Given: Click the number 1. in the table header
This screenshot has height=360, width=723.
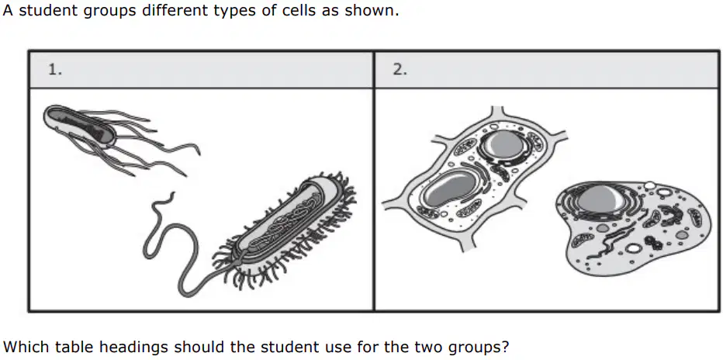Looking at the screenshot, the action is point(54,70).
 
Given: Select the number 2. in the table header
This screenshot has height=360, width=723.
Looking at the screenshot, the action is point(400,70).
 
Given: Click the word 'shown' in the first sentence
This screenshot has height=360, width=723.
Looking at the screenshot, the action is point(370,10).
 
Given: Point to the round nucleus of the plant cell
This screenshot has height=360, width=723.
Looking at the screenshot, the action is point(505,144).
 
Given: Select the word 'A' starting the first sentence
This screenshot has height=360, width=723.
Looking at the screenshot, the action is point(8,10).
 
